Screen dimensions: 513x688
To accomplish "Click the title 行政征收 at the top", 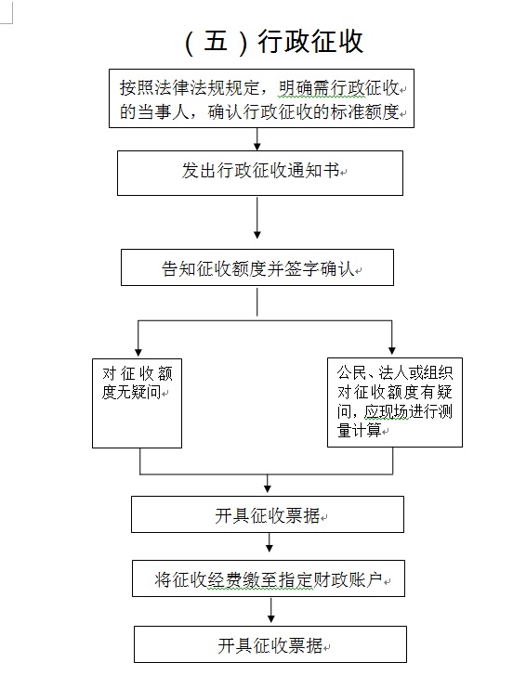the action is tap(310, 42).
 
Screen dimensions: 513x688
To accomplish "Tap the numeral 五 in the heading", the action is tap(217, 42).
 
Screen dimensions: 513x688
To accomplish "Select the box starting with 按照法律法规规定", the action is tap(261, 98).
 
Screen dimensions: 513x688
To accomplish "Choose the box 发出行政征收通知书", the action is tap(260, 173).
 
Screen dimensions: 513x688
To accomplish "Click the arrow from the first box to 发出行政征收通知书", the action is tap(257, 139).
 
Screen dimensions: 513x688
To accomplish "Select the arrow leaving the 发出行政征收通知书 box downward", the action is tap(257, 217).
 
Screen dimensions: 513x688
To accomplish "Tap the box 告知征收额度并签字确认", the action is tap(257, 267).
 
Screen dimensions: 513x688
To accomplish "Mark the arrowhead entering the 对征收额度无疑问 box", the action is tap(138, 352).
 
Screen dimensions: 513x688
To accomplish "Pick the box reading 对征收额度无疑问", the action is tap(137, 403).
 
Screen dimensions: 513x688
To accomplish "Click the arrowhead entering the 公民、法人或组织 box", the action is tap(392, 351).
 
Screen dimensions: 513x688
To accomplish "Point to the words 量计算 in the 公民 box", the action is tap(360, 430).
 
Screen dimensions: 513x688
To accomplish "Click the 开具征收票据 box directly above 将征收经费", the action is tap(268, 514).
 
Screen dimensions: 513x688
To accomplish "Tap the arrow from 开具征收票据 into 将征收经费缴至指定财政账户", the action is tap(270, 542).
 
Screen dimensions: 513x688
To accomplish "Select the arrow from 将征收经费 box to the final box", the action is tap(271, 610).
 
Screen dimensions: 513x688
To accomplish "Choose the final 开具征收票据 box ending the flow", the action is tap(270, 644).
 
